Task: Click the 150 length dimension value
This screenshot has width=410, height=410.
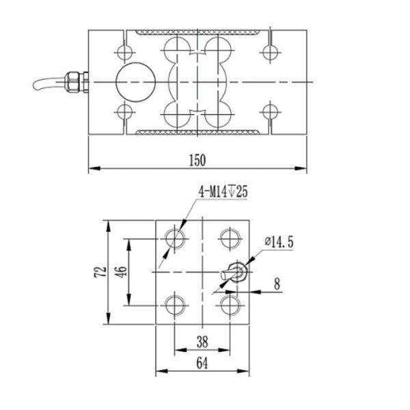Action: point(197,160)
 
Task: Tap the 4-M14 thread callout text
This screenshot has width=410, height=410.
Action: point(223,193)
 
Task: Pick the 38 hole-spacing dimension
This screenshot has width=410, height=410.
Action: point(202,341)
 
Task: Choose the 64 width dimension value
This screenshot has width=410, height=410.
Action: point(202,364)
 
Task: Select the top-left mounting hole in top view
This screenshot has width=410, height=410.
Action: point(124,52)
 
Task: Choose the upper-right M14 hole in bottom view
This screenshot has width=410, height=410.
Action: point(229,238)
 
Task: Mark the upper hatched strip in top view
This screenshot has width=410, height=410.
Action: point(198,33)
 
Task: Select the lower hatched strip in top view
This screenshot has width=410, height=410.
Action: point(198,131)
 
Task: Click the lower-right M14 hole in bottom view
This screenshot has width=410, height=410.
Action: point(229,303)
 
